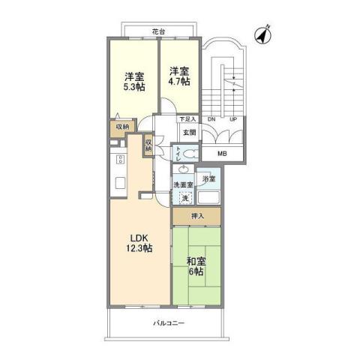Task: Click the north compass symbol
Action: (x=262, y=34)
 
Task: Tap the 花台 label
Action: (x=156, y=31)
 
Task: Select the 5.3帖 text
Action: (x=134, y=85)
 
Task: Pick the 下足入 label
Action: (x=187, y=119)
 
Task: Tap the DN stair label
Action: (x=211, y=119)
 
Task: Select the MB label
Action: (x=222, y=154)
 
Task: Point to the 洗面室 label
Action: (x=184, y=184)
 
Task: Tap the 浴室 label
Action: (x=211, y=179)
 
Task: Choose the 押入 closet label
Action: (x=196, y=216)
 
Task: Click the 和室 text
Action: (x=196, y=261)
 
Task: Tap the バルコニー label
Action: (x=169, y=323)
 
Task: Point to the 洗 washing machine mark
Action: (x=185, y=197)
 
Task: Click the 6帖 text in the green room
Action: (x=196, y=272)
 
